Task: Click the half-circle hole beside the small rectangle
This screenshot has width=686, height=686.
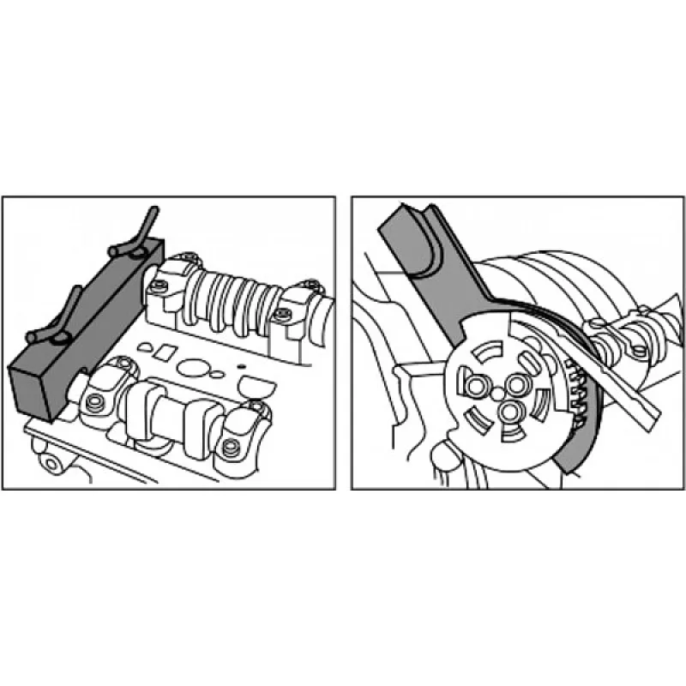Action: tap(146, 346)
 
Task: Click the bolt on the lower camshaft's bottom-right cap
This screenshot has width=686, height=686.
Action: tap(229, 447)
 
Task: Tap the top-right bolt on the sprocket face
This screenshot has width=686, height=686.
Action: tap(517, 382)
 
